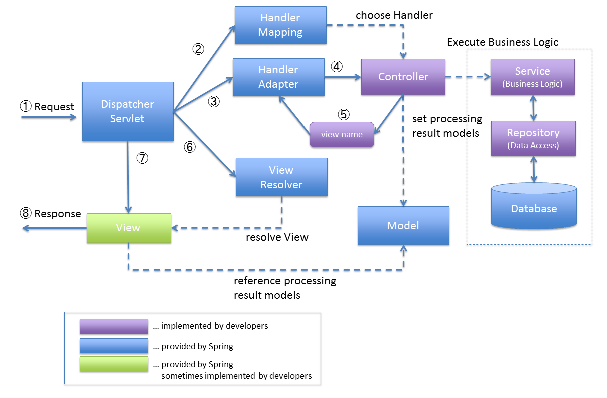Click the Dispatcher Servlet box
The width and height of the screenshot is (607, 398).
(x=127, y=111)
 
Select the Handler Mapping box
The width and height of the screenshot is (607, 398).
(x=280, y=25)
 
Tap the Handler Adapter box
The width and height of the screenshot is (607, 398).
(x=278, y=77)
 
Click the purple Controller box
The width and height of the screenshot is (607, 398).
(x=403, y=77)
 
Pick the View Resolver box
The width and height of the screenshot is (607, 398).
(x=281, y=177)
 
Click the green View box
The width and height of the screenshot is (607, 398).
(x=128, y=228)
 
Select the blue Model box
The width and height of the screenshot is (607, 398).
(x=403, y=226)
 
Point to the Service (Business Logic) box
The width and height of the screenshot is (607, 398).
(x=532, y=77)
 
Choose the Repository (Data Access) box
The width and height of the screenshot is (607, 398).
(x=533, y=138)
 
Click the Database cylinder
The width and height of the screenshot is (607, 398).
(x=534, y=206)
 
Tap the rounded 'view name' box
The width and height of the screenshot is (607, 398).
(x=342, y=134)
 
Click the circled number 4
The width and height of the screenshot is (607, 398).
(x=337, y=66)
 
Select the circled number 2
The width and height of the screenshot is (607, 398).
(x=198, y=49)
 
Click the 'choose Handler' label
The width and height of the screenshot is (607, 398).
(x=394, y=15)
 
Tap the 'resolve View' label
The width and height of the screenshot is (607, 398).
(x=277, y=237)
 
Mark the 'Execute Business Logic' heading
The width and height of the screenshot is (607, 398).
(x=503, y=42)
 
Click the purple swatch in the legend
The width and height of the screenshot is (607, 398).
(x=114, y=326)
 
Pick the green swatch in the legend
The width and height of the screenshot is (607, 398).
(x=114, y=364)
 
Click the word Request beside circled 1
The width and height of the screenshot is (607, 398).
(x=54, y=107)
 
